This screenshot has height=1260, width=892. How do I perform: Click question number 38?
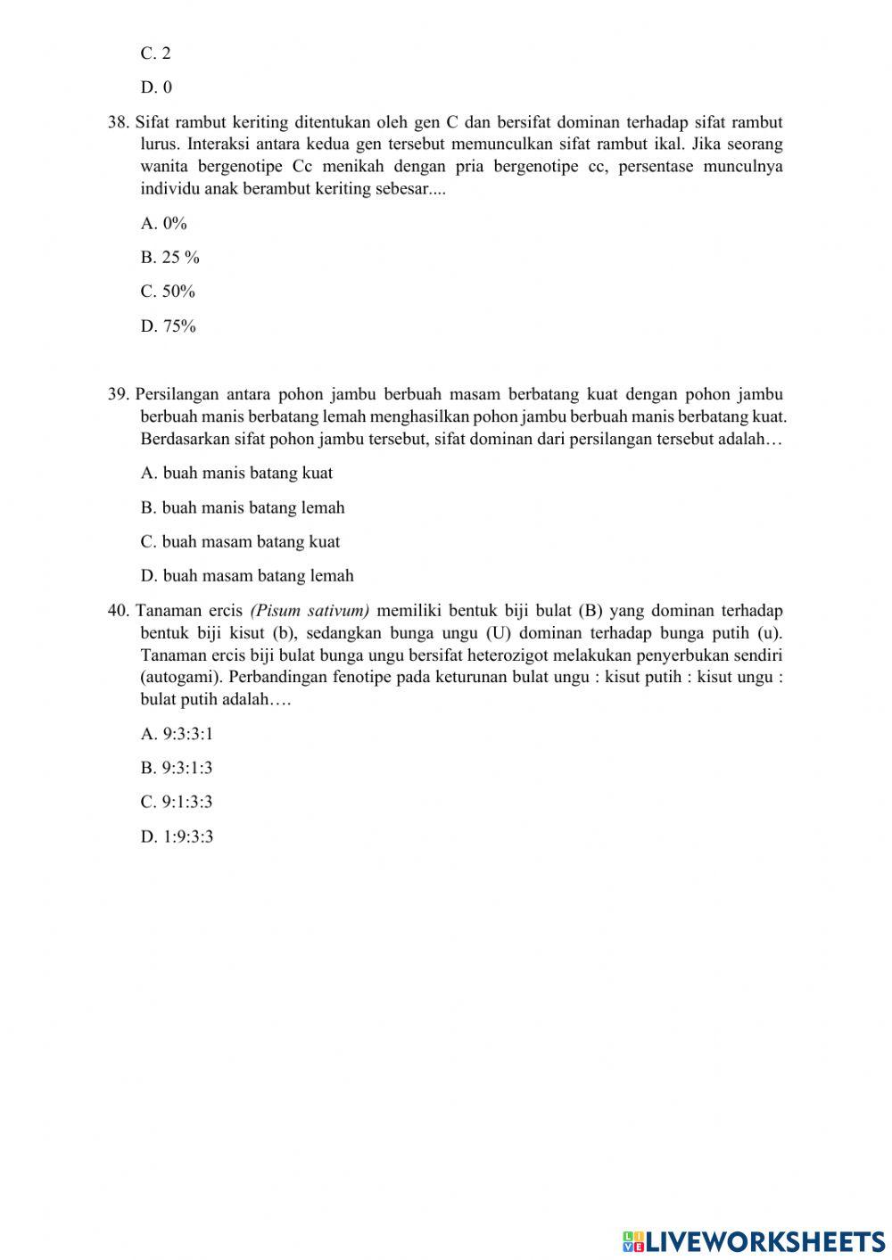(x=118, y=123)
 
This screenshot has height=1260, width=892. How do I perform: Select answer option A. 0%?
(x=163, y=224)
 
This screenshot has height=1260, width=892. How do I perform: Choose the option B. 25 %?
(x=169, y=258)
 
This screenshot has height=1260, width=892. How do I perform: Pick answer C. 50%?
(x=167, y=292)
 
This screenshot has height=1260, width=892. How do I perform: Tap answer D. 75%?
(x=168, y=326)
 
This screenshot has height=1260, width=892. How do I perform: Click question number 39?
(x=118, y=395)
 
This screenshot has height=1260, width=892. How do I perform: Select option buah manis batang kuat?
(x=236, y=474)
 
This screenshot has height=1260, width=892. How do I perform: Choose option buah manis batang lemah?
(x=242, y=508)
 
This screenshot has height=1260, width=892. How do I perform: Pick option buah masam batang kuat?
(x=240, y=542)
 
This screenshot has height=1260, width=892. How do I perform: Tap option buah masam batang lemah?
(x=247, y=576)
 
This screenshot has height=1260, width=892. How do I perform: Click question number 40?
(x=118, y=612)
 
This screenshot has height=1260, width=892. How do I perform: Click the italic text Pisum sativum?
(x=310, y=612)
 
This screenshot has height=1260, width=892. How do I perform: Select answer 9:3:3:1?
(x=177, y=735)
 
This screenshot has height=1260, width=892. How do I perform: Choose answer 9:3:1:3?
(x=176, y=769)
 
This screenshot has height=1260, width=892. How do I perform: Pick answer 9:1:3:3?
(x=176, y=803)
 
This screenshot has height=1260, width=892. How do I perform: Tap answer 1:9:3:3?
(x=177, y=837)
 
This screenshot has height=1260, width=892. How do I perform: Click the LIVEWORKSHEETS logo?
(x=753, y=1241)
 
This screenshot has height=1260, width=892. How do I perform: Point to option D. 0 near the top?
(x=156, y=87)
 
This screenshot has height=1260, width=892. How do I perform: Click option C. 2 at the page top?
(x=155, y=54)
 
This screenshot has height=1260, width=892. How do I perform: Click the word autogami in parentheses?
(x=178, y=677)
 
